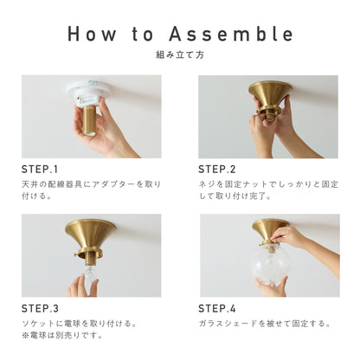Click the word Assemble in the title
click(x=231, y=34)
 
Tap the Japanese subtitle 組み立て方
click(x=180, y=55)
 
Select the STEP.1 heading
click(x=40, y=170)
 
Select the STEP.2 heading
click(x=217, y=170)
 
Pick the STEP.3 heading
click(x=40, y=309)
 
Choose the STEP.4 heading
click(x=217, y=309)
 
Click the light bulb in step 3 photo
click(x=90, y=276)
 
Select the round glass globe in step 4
click(x=269, y=265)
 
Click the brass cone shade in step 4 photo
click(x=270, y=230)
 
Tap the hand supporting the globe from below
click(x=271, y=287)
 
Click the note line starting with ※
click(x=62, y=336)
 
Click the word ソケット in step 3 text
click(x=38, y=324)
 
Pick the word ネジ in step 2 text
click(x=208, y=184)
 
